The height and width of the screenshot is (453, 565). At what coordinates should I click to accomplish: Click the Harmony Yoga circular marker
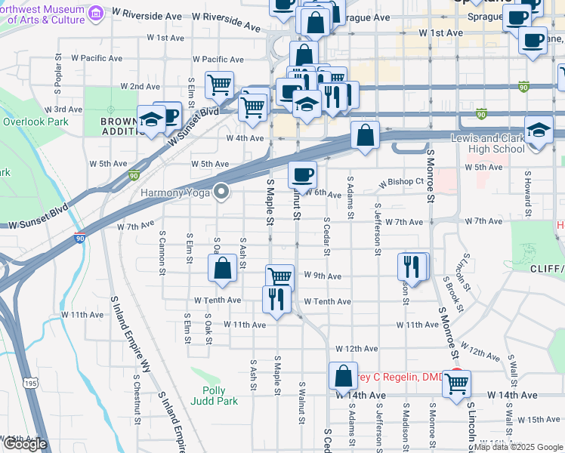click(x=221, y=193)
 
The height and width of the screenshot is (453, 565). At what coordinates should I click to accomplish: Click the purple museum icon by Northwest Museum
click(x=96, y=13)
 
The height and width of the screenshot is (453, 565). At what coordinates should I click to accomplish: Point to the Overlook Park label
click(x=36, y=122)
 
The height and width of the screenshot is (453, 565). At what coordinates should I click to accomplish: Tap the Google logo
click(x=24, y=444)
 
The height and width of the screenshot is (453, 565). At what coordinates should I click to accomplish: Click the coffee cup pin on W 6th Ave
click(x=302, y=175)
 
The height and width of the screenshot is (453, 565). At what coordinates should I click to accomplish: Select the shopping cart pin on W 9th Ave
click(x=279, y=276)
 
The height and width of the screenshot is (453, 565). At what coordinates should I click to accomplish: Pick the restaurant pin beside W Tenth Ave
click(x=276, y=298)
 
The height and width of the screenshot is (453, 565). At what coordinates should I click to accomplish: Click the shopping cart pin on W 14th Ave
click(x=456, y=383)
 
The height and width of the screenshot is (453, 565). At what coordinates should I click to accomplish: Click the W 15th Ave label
click(x=537, y=419)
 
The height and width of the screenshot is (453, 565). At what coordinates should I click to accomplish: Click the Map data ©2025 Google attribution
click(x=517, y=447)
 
